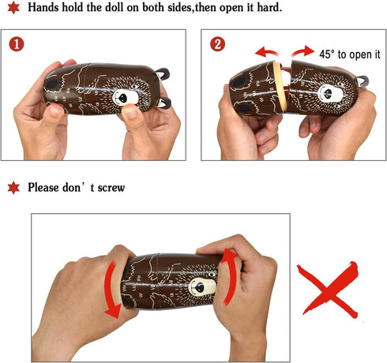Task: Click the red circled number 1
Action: click(x=17, y=44)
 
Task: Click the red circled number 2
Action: click(x=217, y=44)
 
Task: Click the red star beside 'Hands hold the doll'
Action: click(x=13, y=8)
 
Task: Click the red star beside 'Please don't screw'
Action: click(x=13, y=188)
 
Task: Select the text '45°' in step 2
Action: click(x=327, y=54)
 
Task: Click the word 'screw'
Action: click(x=111, y=188)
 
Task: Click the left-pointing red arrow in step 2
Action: click(x=267, y=52)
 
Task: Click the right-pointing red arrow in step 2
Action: click(x=302, y=51)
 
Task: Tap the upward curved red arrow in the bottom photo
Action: click(x=228, y=276)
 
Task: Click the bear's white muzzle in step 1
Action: click(x=126, y=97)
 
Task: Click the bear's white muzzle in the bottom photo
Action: click(x=202, y=286)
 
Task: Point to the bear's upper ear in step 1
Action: click(x=162, y=73)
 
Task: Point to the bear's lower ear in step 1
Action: click(x=163, y=103)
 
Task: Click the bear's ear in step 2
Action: click(x=362, y=81)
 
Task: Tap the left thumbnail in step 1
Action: click(x=55, y=110)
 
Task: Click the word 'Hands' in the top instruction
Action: click(x=43, y=7)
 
